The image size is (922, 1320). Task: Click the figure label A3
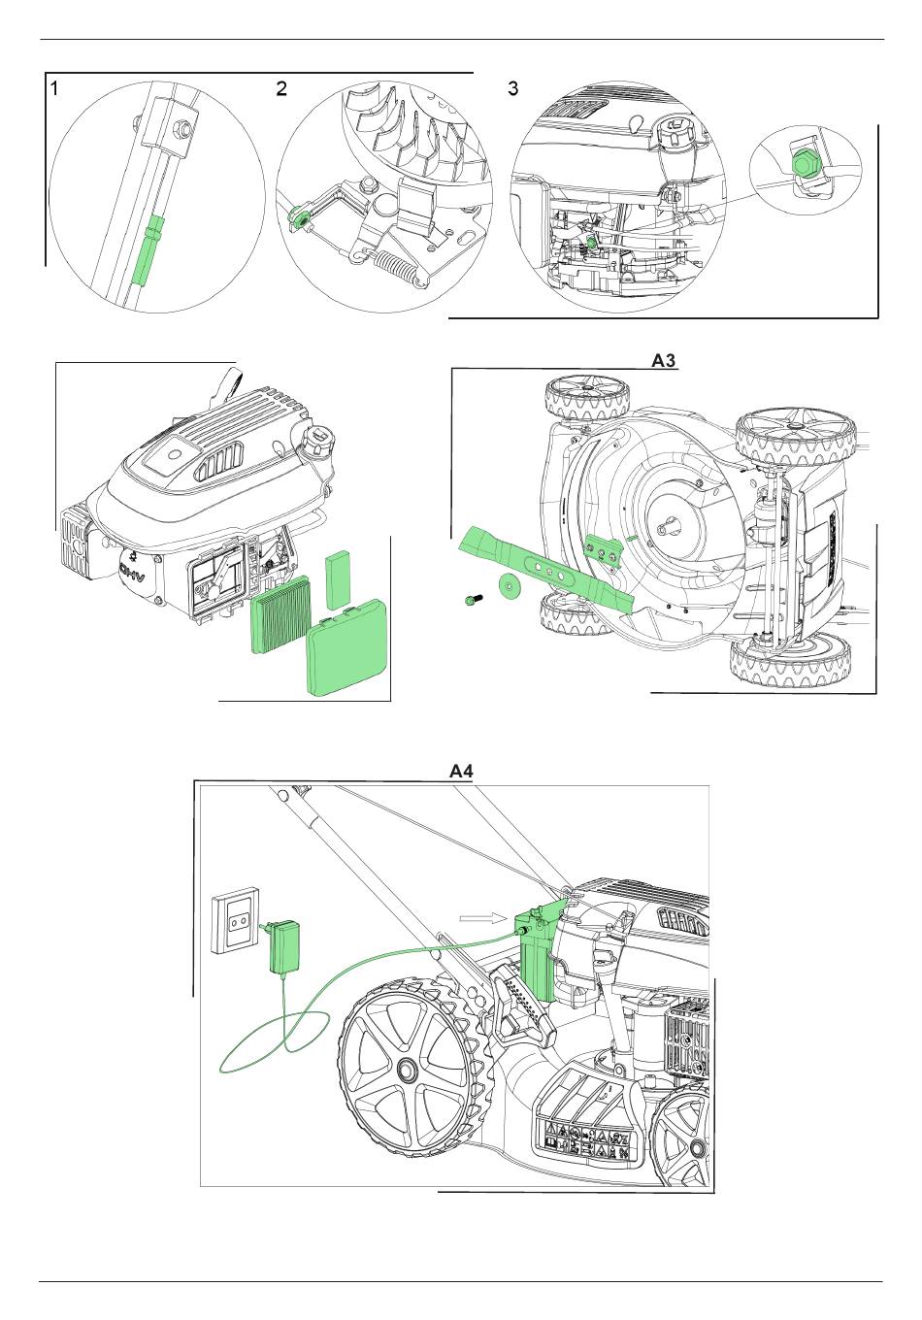click(x=663, y=361)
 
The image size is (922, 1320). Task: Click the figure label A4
click(x=460, y=772)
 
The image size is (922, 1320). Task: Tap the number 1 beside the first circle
click(x=55, y=88)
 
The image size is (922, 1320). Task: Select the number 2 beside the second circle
click(x=281, y=88)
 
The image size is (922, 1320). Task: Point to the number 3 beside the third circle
click(x=513, y=88)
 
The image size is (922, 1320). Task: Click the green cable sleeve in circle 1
click(x=147, y=252)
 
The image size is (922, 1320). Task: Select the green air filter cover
click(x=347, y=657)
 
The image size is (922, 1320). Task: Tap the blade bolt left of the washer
click(x=470, y=602)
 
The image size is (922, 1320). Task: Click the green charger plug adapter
click(x=285, y=946)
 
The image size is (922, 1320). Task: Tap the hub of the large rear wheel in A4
click(x=407, y=1070)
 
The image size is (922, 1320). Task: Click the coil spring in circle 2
click(x=397, y=265)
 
